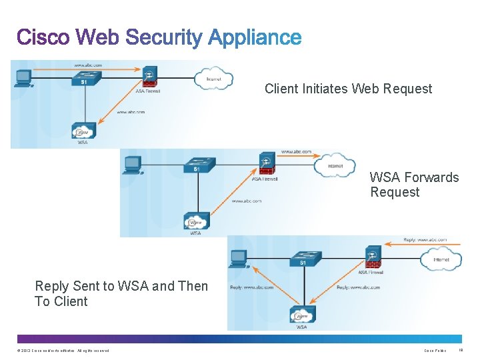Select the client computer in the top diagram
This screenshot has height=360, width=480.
point(23,78)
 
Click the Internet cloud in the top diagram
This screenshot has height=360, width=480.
point(213,78)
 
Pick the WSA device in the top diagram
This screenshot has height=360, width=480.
point(83,131)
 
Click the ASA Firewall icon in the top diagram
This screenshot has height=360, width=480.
point(150,78)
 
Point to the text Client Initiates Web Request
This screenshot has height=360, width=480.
point(348,89)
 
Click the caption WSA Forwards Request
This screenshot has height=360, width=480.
point(414,185)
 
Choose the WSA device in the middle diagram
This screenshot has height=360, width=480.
point(196,221)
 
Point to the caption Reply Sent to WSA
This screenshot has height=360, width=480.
point(121,293)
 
